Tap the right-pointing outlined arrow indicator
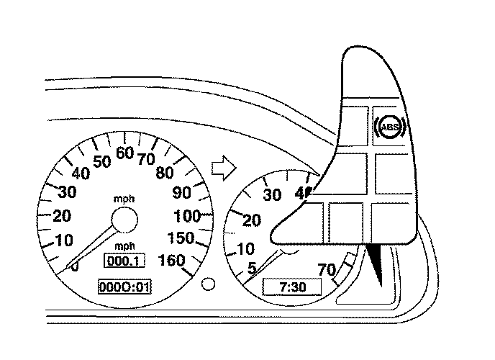pos(224,167)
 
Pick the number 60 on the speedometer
pos(124,153)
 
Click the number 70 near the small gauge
pos(327,271)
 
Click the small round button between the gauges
pos(209,284)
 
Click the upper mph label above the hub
pos(124,197)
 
